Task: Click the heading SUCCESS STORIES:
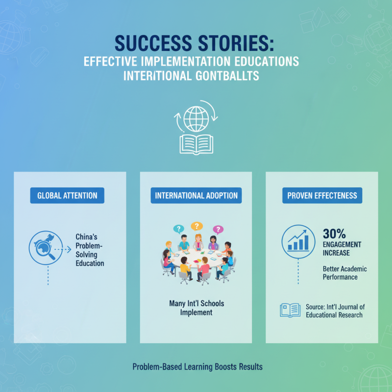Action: [x=194, y=43]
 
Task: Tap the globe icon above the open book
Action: [x=196, y=119]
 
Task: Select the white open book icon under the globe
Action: [x=196, y=145]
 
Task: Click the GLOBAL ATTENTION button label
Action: [x=67, y=196]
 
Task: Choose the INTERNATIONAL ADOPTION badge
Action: [x=196, y=196]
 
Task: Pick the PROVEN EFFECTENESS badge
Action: [x=322, y=196]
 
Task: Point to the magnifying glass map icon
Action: [x=46, y=248]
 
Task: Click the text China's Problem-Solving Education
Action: [x=90, y=250]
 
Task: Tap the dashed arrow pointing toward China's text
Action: [x=63, y=249]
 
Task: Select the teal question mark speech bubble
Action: [x=178, y=229]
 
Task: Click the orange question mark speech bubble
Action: [x=197, y=226]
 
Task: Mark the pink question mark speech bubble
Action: [x=218, y=229]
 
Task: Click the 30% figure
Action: [x=334, y=234]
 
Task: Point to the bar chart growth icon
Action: [x=298, y=242]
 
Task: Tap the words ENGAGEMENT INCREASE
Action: [x=342, y=248]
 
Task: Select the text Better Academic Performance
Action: [x=345, y=273]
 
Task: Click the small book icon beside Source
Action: [x=290, y=310]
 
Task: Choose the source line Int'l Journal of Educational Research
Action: [x=335, y=311]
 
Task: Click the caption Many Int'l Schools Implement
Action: [x=196, y=308]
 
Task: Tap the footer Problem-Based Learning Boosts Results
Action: [x=197, y=367]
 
